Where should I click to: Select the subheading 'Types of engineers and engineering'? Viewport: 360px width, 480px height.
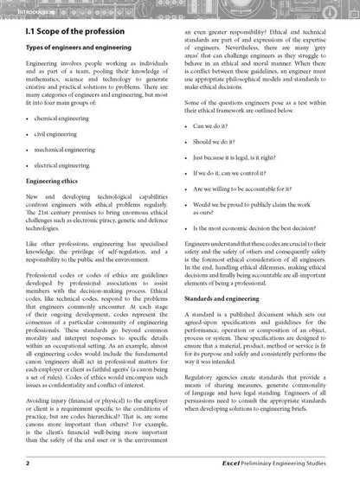coord(80,50)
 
